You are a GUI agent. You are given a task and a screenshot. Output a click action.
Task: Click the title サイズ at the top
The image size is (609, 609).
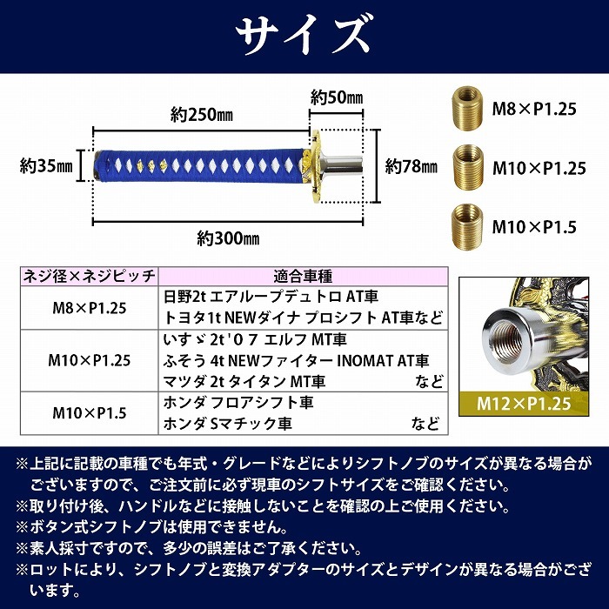[304, 36]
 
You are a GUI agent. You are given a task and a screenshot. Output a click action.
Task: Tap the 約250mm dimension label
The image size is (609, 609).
[201, 115]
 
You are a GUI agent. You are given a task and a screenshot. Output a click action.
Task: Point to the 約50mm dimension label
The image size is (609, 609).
[337, 97]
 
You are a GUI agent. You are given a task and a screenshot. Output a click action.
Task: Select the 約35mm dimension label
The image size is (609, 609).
[46, 166]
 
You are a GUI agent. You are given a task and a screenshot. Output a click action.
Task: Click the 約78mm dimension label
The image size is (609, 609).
[411, 166]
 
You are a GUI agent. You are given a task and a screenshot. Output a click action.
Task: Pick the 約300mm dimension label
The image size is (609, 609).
[228, 238]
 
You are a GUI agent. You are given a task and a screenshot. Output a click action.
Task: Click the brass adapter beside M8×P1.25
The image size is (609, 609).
[467, 108]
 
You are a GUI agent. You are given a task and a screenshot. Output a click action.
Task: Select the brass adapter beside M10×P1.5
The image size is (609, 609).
[467, 226]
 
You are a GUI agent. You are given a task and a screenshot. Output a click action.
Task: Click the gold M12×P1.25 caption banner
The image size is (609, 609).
[524, 404]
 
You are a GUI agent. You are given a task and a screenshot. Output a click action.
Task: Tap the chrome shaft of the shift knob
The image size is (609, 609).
[343, 166]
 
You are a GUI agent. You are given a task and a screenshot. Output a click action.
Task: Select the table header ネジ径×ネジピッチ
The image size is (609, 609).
[90, 277]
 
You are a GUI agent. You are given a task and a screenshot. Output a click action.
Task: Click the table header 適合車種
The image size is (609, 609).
[303, 277]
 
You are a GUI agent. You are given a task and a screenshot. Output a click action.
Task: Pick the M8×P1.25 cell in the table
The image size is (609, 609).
[90, 308]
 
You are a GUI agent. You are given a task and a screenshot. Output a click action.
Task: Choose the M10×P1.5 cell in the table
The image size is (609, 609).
[90, 413]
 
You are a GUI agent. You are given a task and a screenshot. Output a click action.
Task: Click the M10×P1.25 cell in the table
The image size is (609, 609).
[90, 360]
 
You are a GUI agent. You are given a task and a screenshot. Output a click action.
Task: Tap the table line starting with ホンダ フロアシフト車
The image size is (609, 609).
[238, 402]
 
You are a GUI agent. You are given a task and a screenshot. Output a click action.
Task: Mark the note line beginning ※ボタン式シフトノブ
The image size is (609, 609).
[152, 527]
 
